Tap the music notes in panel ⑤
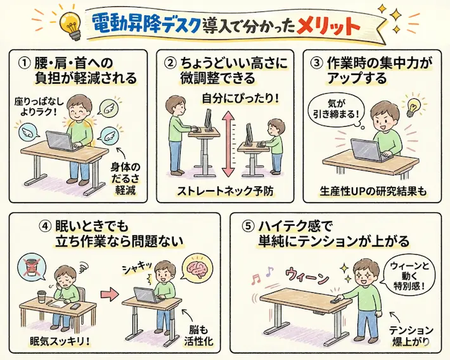tap(262, 276)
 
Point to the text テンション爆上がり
tap(411, 336)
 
